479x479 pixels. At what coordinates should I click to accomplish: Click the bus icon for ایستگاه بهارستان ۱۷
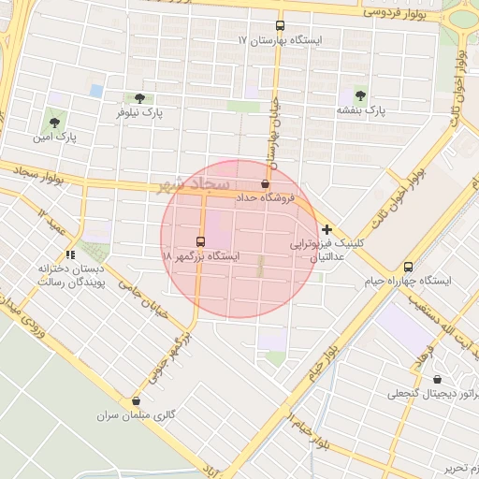(279, 26)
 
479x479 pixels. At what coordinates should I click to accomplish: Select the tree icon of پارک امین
(54, 122)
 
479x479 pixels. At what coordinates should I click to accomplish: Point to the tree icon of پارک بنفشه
(361, 94)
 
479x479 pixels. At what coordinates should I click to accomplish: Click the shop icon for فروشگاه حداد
(266, 183)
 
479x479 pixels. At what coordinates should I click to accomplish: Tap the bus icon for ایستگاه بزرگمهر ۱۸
(200, 240)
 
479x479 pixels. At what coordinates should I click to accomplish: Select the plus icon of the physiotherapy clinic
(326, 228)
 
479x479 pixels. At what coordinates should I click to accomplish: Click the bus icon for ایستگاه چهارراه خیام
(407, 267)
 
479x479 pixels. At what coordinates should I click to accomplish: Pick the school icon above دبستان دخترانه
(69, 254)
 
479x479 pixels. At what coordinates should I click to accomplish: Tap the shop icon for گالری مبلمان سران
(137, 400)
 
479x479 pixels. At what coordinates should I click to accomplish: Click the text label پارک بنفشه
(361, 110)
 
